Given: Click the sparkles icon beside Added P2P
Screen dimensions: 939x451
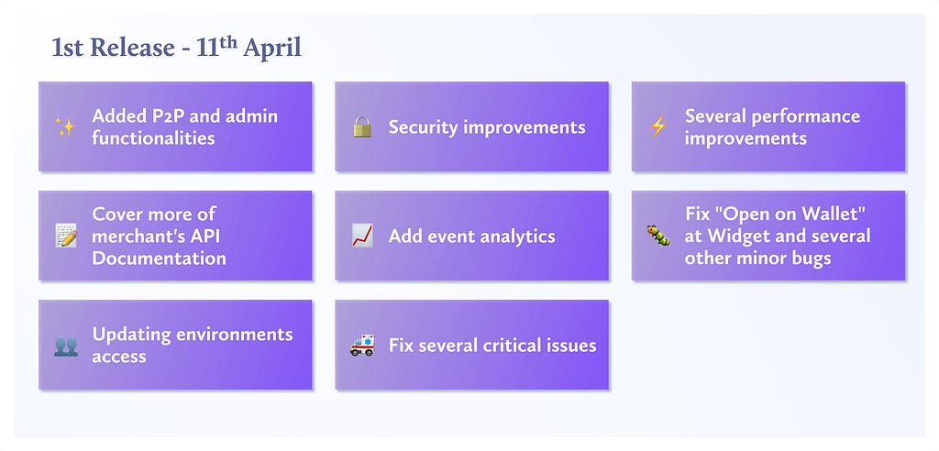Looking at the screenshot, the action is pos(65,127).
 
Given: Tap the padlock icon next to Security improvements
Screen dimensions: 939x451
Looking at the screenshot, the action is pos(361,127).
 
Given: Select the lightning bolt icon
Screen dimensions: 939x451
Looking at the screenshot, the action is pos(658,127).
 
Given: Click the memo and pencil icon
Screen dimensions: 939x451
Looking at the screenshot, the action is pos(65,236).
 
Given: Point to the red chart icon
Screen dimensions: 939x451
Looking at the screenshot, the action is pos(361,236).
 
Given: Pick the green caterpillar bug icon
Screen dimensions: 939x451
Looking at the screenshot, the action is pos(658,236).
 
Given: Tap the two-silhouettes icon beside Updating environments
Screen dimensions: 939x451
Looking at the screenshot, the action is pos(65,346).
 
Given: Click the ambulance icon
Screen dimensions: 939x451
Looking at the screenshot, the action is pos(361,346).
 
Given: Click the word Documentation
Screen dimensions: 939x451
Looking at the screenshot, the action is pos(160,258).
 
